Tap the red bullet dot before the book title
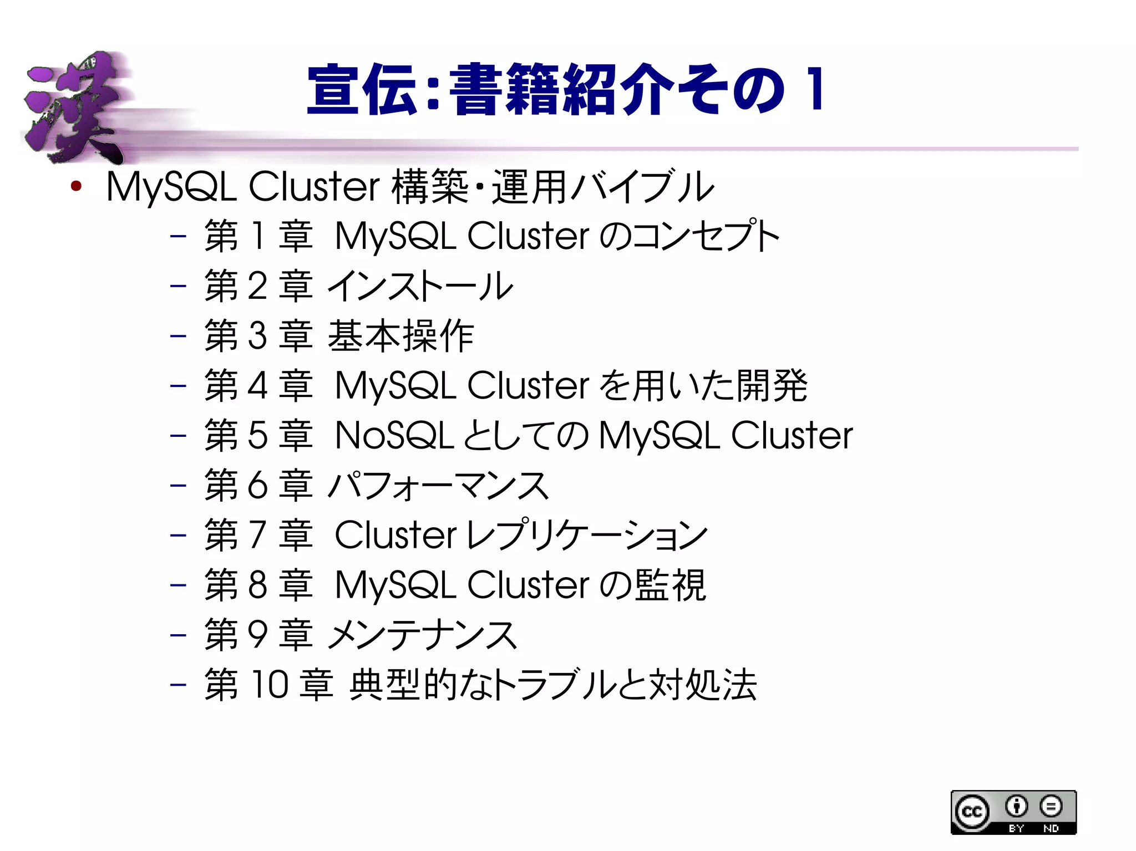(x=76, y=186)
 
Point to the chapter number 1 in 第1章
(x=257, y=236)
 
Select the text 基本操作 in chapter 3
(x=400, y=336)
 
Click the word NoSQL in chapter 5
(x=395, y=435)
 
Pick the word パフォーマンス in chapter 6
(x=438, y=486)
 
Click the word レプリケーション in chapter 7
(x=587, y=536)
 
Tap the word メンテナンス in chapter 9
(x=423, y=635)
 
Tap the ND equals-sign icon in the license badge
(x=1051, y=807)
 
